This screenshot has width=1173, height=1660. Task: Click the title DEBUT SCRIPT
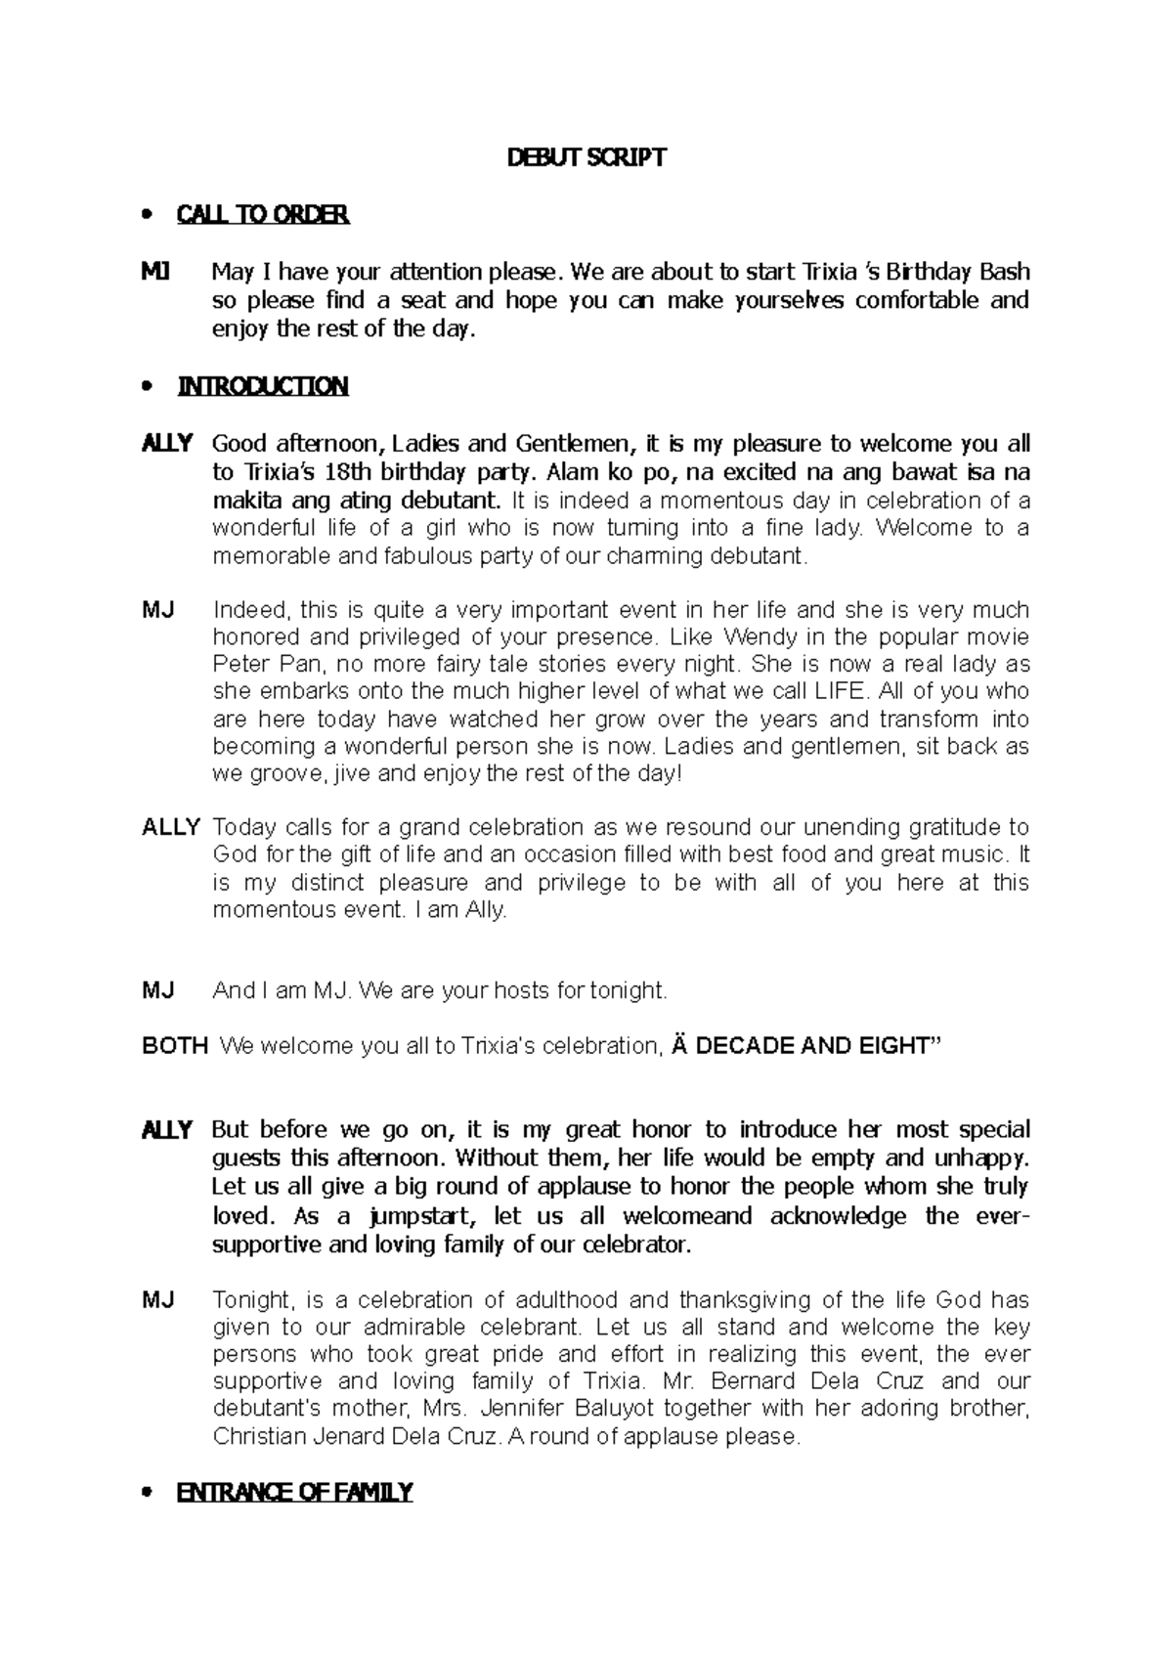[586, 158]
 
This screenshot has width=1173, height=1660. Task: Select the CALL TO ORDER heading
[262, 215]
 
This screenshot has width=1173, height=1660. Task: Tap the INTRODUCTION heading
[262, 387]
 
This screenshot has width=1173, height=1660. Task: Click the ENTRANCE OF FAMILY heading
[294, 1493]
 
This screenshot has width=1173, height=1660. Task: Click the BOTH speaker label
[175, 1046]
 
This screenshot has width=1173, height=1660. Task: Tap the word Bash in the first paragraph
[1005, 272]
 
